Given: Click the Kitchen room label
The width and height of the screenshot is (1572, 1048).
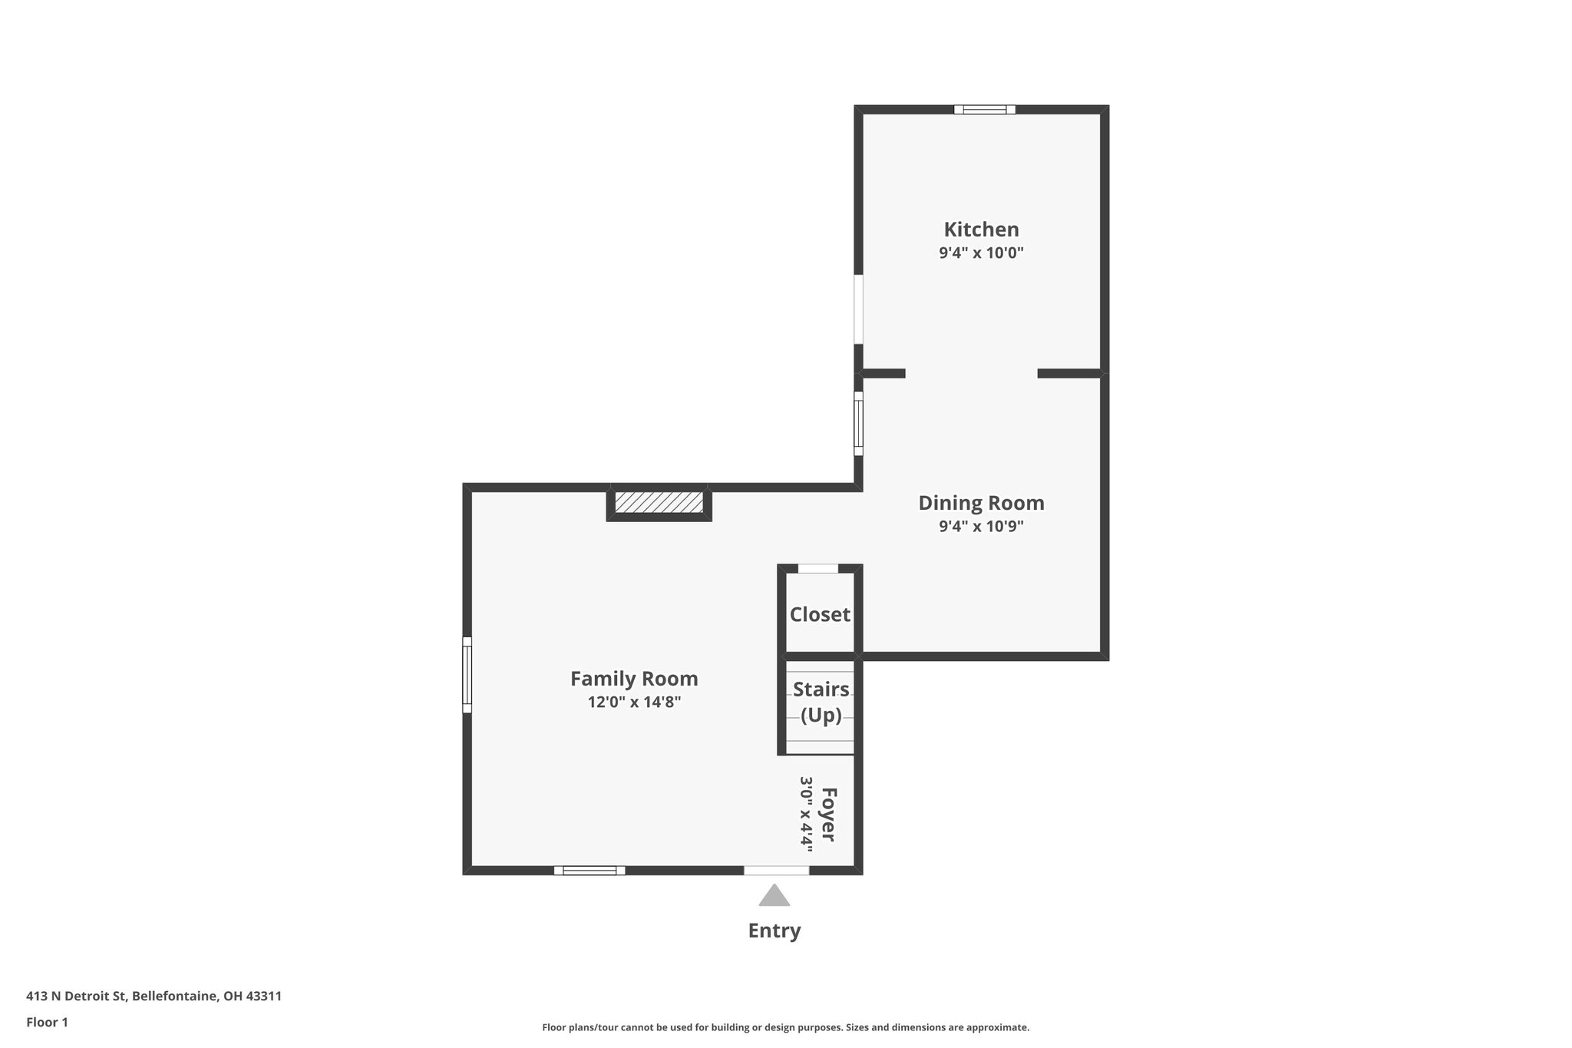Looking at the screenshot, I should [981, 230].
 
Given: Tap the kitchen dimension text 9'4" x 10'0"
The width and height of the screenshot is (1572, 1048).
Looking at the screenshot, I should [981, 253].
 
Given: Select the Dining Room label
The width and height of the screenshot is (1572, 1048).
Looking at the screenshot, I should [981, 503].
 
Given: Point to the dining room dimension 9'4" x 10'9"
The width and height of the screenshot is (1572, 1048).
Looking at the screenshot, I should [981, 527].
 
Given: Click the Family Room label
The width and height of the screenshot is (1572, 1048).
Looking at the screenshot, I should [634, 679].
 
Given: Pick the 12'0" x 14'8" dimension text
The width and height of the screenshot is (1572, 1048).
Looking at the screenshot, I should [634, 702].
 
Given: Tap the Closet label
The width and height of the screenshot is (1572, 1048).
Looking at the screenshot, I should [820, 614].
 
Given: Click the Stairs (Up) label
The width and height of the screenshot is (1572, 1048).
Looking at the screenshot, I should [821, 702].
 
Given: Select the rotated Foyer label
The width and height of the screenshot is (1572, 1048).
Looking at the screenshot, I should [828, 814].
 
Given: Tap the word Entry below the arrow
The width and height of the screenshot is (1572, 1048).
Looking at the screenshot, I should [774, 931].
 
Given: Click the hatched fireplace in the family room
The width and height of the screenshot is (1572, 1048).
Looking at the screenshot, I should [659, 503].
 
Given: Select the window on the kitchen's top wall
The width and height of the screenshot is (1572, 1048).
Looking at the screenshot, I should [985, 110].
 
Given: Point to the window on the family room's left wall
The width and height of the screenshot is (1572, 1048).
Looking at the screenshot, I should [467, 674].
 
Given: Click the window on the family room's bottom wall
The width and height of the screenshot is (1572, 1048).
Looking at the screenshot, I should [589, 870].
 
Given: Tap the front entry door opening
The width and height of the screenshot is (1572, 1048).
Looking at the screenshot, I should [776, 870].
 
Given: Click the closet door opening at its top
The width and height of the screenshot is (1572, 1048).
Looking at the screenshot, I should [818, 569].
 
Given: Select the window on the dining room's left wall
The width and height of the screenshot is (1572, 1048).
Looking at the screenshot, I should [858, 423].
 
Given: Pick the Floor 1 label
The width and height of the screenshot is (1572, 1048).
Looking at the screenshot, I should [47, 1023].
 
